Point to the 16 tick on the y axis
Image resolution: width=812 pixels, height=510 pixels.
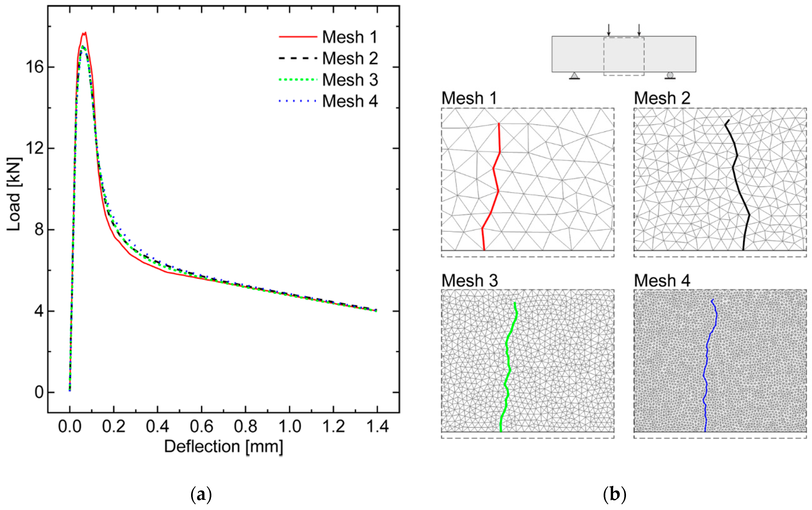tap(35, 67)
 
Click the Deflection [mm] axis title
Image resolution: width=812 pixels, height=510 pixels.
tap(223, 447)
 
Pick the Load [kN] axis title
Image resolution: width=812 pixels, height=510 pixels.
tap(14, 194)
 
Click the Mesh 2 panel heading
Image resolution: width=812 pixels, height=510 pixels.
tap(662, 98)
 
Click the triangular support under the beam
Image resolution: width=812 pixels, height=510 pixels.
tap(574, 76)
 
